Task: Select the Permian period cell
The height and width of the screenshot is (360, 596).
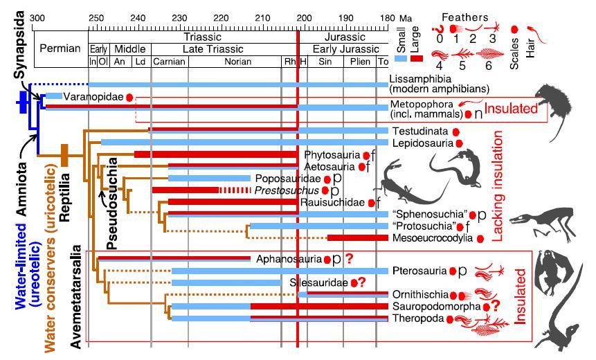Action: tap(60, 49)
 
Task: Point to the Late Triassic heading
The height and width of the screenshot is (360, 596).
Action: tap(215, 49)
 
